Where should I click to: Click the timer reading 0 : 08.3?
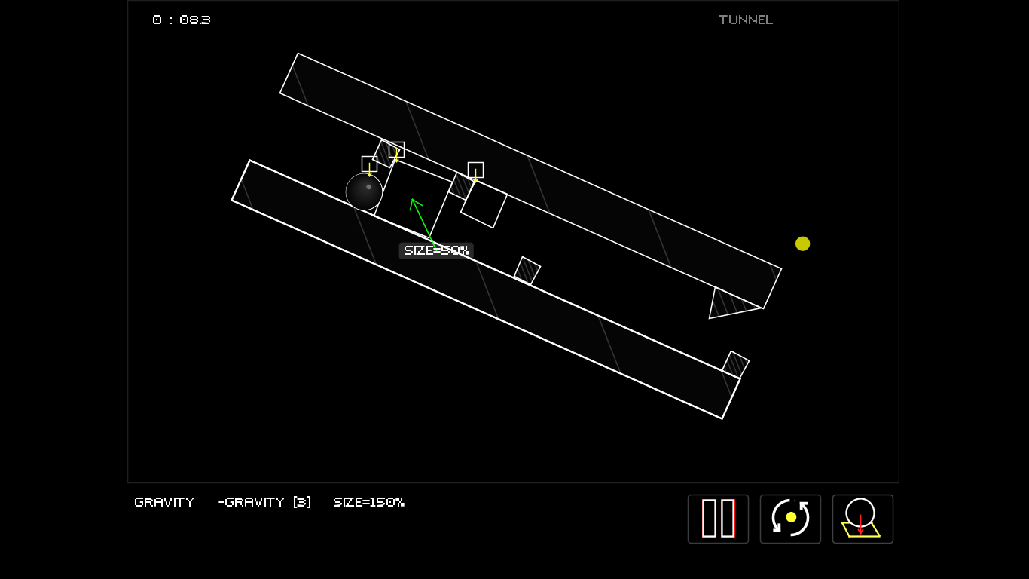point(182,20)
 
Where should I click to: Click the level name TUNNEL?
point(746,20)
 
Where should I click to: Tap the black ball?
point(364,191)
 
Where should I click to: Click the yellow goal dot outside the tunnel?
point(802,244)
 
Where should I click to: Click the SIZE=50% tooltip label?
point(436,250)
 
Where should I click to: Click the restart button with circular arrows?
point(790,519)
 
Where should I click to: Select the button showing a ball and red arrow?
point(863,519)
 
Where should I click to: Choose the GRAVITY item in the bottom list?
point(164,502)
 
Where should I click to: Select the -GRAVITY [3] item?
point(264,502)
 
